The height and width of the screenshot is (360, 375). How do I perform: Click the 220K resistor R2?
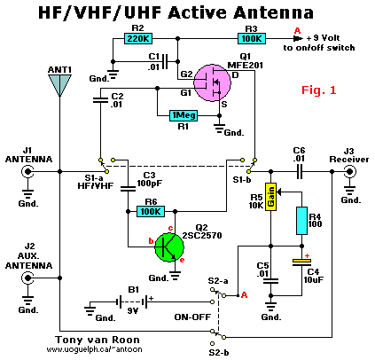pos(137,38)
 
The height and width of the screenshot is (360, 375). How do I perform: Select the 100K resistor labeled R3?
pos(252,38)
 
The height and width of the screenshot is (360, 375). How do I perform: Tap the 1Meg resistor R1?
pos(184,115)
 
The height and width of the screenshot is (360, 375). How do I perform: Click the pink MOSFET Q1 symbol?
pos(212,83)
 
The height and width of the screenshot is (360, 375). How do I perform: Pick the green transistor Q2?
pos(169,247)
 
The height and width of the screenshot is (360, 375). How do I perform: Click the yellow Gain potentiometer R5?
pos(270,197)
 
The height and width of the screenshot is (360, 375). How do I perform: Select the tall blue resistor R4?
pos(301,221)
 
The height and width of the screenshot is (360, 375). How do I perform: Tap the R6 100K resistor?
pos(151,212)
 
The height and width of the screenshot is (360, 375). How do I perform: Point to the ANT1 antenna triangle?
pos(59,85)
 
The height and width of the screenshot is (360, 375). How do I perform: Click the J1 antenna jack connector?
pos(27,171)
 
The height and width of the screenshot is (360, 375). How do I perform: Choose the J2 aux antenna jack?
pos(27,278)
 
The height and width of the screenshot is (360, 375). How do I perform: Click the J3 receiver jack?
pos(350,171)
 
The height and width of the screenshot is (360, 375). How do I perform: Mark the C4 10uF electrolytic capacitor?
pos(301,262)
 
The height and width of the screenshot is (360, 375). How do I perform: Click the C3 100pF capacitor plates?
pos(128,189)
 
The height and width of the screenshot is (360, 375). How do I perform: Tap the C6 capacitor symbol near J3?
pos(300,171)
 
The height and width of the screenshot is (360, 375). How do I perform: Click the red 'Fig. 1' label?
pos(319,90)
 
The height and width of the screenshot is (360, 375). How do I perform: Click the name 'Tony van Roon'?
pos(98,340)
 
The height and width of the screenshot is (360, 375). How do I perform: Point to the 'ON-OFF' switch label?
pos(192,317)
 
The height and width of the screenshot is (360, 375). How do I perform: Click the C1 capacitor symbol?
pos(166,61)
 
